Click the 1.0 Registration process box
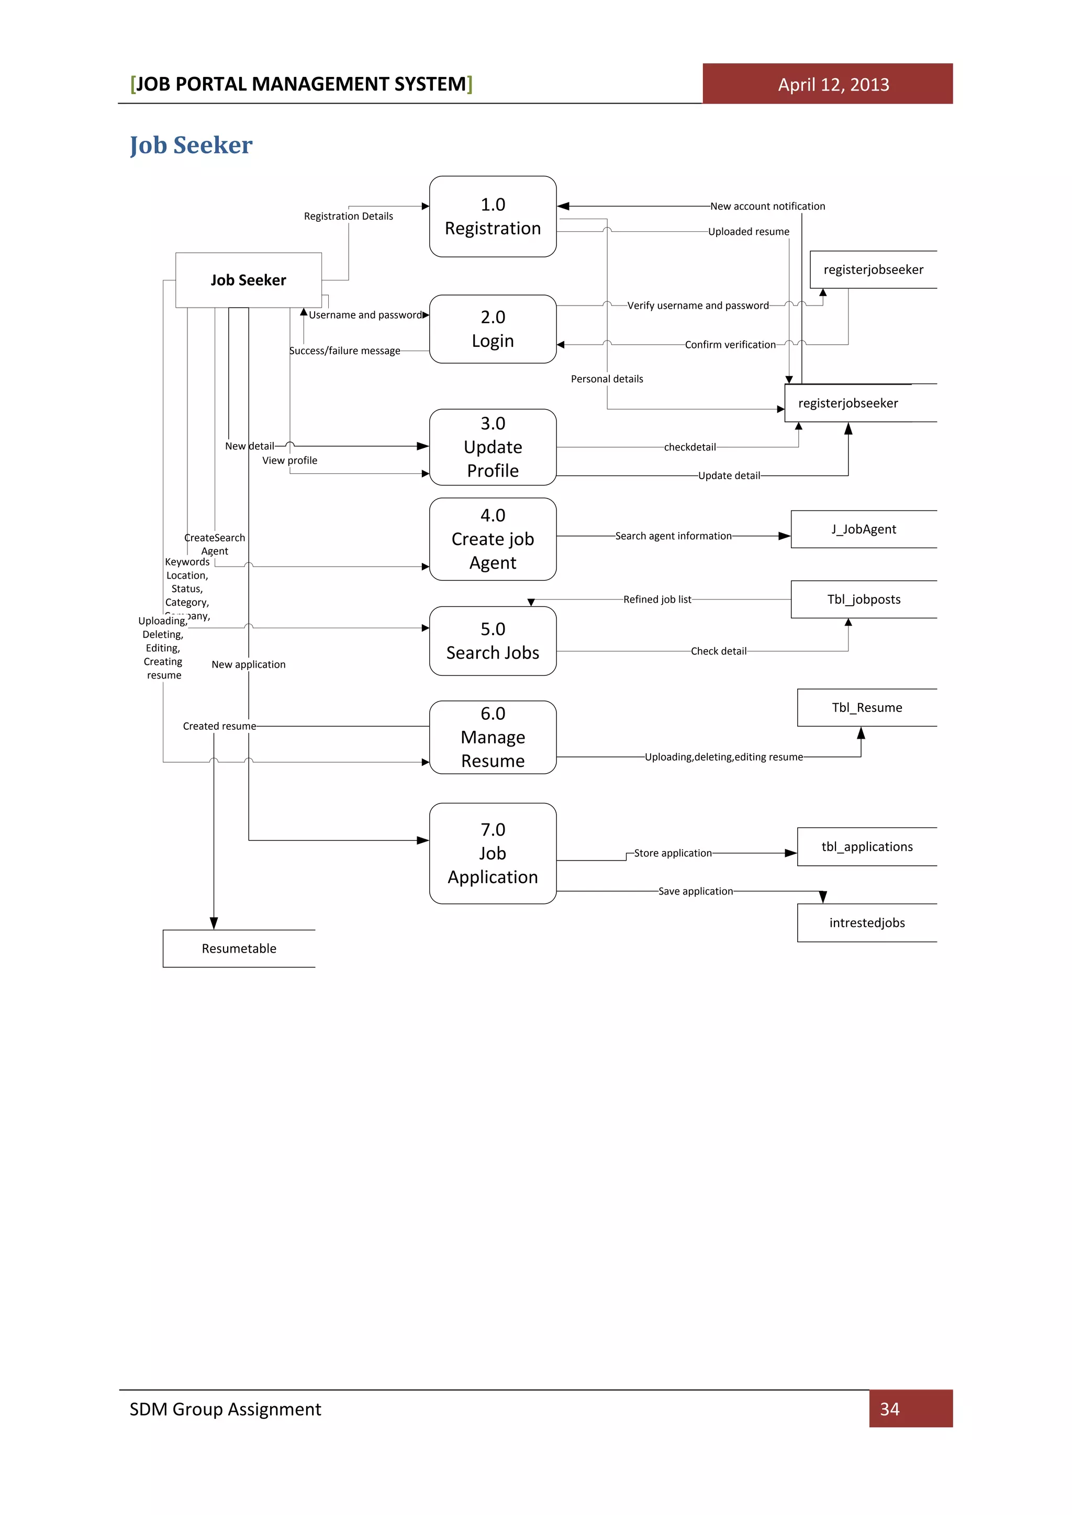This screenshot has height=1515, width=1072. (493, 217)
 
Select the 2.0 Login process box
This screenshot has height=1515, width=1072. (493, 329)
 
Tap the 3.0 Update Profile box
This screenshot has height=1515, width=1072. (493, 447)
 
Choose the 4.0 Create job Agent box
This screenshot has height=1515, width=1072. (493, 538)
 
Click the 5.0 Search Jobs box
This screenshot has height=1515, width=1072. (493, 641)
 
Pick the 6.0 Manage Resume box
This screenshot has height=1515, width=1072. (493, 737)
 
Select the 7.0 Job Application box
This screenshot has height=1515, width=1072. (493, 853)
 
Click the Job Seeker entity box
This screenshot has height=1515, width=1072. (248, 280)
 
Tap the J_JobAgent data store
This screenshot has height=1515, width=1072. (863, 529)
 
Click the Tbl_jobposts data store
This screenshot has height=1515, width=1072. (863, 599)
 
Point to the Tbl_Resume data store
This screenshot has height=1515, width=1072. (867, 707)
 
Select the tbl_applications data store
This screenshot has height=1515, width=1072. (867, 846)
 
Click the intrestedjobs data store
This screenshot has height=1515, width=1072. (867, 922)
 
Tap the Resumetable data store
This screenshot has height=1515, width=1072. (239, 948)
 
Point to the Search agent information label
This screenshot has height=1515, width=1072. (673, 536)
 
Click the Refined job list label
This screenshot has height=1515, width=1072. (657, 599)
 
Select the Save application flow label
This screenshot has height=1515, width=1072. (695, 891)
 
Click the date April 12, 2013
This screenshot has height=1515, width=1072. (833, 84)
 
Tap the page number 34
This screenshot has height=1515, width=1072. (889, 1409)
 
